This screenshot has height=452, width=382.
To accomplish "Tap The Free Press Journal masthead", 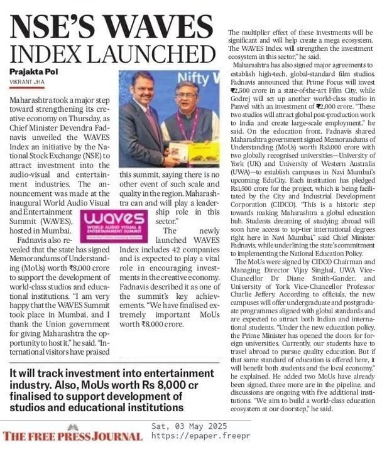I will (x=72, y=436).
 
